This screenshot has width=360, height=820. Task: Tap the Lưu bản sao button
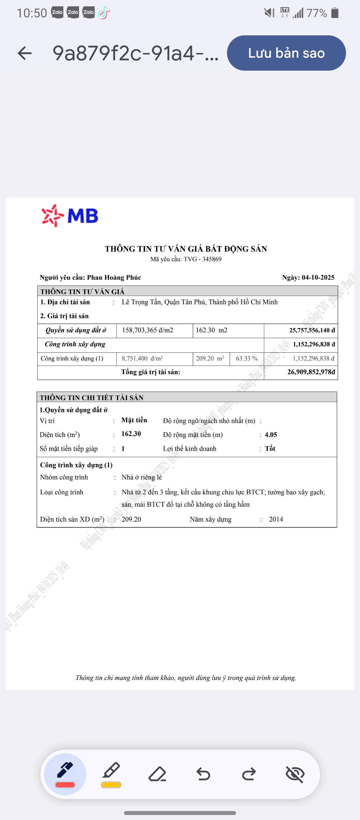(286, 53)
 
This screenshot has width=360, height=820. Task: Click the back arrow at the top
(25, 53)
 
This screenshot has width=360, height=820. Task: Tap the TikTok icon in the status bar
(104, 13)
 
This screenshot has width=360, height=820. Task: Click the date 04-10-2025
(318, 278)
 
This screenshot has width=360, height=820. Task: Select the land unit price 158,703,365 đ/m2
(147, 330)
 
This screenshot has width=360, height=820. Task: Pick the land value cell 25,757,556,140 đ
(312, 330)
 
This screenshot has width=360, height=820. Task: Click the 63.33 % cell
(247, 359)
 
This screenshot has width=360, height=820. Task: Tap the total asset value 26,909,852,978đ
(311, 372)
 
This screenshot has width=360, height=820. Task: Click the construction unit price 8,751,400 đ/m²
(142, 359)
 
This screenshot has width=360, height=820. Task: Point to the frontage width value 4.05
(271, 435)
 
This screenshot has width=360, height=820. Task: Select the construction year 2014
(276, 519)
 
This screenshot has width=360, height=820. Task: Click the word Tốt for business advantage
(270, 449)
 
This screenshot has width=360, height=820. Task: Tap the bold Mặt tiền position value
(134, 420)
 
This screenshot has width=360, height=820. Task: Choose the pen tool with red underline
(65, 774)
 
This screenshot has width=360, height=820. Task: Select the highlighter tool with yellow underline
(111, 774)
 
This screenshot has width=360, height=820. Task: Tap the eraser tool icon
(157, 774)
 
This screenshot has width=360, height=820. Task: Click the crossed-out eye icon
(295, 774)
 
